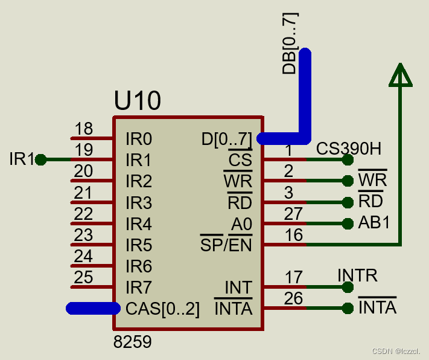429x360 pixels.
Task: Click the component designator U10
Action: [138, 101]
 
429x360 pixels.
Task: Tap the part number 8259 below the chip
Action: [133, 342]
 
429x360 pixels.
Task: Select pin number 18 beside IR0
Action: [83, 129]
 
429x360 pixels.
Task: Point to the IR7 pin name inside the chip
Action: [139, 287]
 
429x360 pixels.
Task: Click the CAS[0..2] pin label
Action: [162, 309]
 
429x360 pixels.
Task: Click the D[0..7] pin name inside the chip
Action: [226, 140]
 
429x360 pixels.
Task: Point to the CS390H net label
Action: [349, 149]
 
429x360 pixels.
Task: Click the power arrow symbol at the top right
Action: [400, 75]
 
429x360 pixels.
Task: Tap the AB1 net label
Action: [374, 223]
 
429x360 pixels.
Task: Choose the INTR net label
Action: [357, 276]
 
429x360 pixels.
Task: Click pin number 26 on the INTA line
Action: [293, 298]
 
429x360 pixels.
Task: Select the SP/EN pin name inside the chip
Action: [226, 245]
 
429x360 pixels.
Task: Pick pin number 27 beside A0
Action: [293, 214]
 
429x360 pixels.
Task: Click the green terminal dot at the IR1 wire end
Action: [40, 160]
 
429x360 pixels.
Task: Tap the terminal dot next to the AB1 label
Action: [347, 223]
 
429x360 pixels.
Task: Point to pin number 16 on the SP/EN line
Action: [294, 235]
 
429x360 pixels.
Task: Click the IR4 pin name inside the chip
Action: [139, 224]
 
